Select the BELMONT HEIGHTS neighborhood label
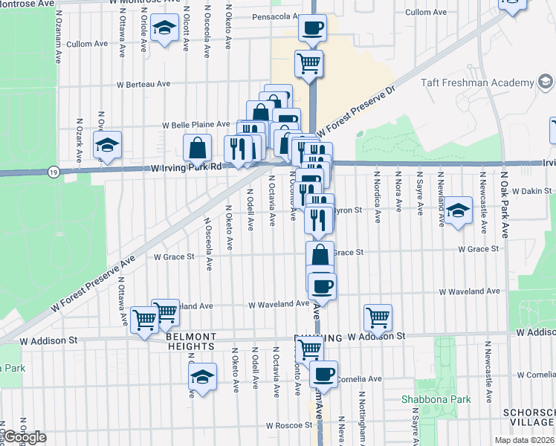tap(191, 341)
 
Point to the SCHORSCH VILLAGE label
tap(532, 417)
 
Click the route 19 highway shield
tap(52, 172)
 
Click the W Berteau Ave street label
tap(143, 85)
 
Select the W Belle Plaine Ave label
tap(196, 125)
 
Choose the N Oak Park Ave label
tap(502, 212)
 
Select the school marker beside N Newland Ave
tap(459, 210)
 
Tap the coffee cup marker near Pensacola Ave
tap(312, 28)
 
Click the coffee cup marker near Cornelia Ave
tap(323, 373)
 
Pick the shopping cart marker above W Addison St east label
tap(378, 317)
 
